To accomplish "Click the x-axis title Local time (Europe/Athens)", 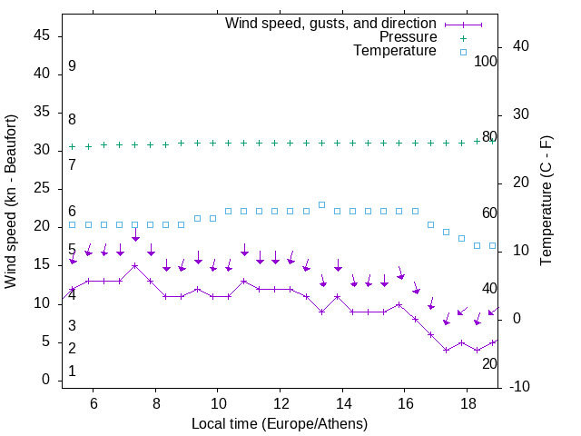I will [280, 424].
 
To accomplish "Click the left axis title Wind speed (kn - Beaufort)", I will [11, 202].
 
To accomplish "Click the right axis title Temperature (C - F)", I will [546, 201].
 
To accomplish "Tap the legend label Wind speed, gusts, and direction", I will [330, 23].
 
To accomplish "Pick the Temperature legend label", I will [394, 52].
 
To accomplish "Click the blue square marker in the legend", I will [463, 52].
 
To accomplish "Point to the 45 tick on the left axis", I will [42, 35].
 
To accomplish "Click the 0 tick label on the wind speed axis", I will [46, 381].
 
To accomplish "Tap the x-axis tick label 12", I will [280, 403].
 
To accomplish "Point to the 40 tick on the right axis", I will [521, 46].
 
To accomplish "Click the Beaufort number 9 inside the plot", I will [72, 66].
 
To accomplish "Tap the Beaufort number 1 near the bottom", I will [72, 372].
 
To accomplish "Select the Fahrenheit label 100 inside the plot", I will [486, 62].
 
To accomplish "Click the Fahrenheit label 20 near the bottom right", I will [489, 364].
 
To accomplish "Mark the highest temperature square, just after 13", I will [321, 204].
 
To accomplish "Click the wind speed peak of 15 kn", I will [134, 266].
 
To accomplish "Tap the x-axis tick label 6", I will [93, 403].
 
